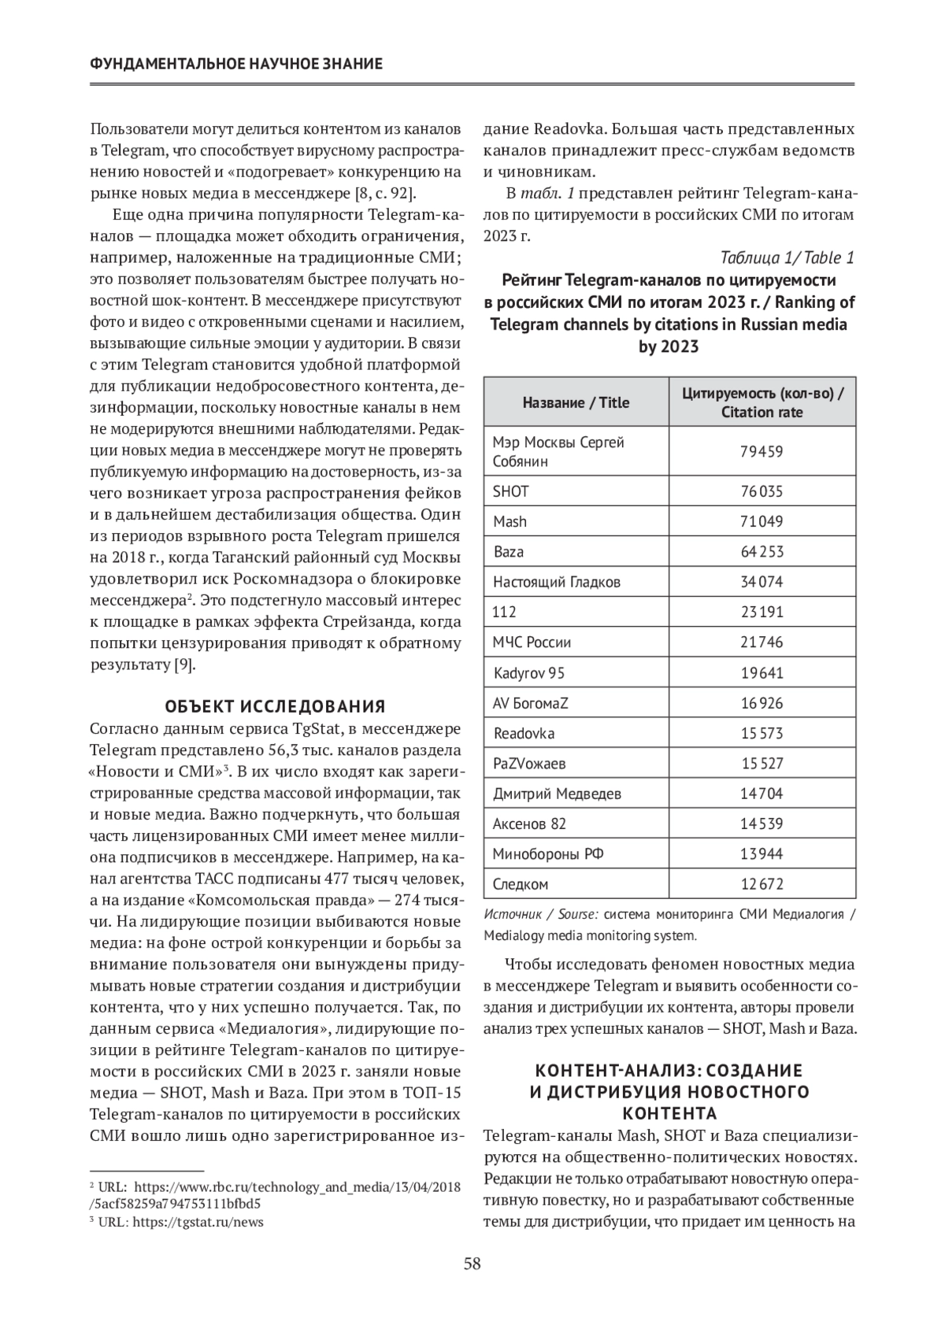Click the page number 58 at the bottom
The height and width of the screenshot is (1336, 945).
pyautogui.click(x=472, y=1264)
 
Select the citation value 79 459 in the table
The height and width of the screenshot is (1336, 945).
pyautogui.click(x=762, y=452)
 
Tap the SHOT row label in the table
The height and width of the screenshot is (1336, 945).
pyautogui.click(x=511, y=491)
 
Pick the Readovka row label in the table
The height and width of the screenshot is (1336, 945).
pyautogui.click(x=524, y=733)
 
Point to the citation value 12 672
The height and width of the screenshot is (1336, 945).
pyautogui.click(x=762, y=884)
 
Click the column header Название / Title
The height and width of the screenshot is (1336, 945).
pyautogui.click(x=576, y=402)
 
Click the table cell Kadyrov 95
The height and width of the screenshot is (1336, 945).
pyautogui.click(x=528, y=673)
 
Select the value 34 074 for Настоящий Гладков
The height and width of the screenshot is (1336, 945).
pyautogui.click(x=762, y=582)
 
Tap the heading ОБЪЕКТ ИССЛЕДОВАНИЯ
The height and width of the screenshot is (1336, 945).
pyautogui.click(x=276, y=705)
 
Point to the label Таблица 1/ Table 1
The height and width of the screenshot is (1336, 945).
pyautogui.click(x=787, y=257)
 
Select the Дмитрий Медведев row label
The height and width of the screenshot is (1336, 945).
pyautogui.click(x=557, y=794)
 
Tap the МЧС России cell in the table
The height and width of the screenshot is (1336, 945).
pyautogui.click(x=532, y=642)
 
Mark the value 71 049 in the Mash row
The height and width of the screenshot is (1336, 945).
pyautogui.click(x=762, y=521)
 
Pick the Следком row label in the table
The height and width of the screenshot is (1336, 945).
pyautogui.click(x=521, y=884)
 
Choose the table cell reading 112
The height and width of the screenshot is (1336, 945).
pyautogui.click(x=505, y=612)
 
